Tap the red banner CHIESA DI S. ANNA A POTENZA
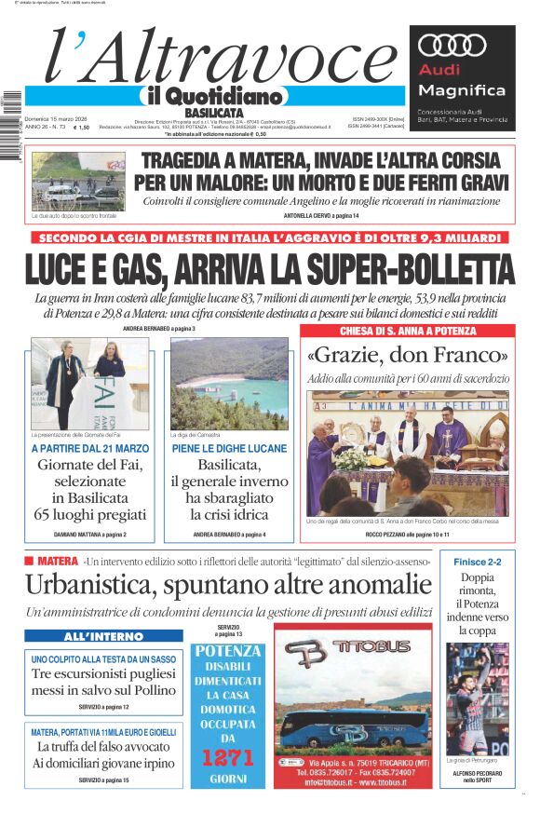pyautogui.click(x=407, y=331)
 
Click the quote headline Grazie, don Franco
pyautogui.click(x=407, y=356)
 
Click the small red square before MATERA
pyautogui.click(x=29, y=561)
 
